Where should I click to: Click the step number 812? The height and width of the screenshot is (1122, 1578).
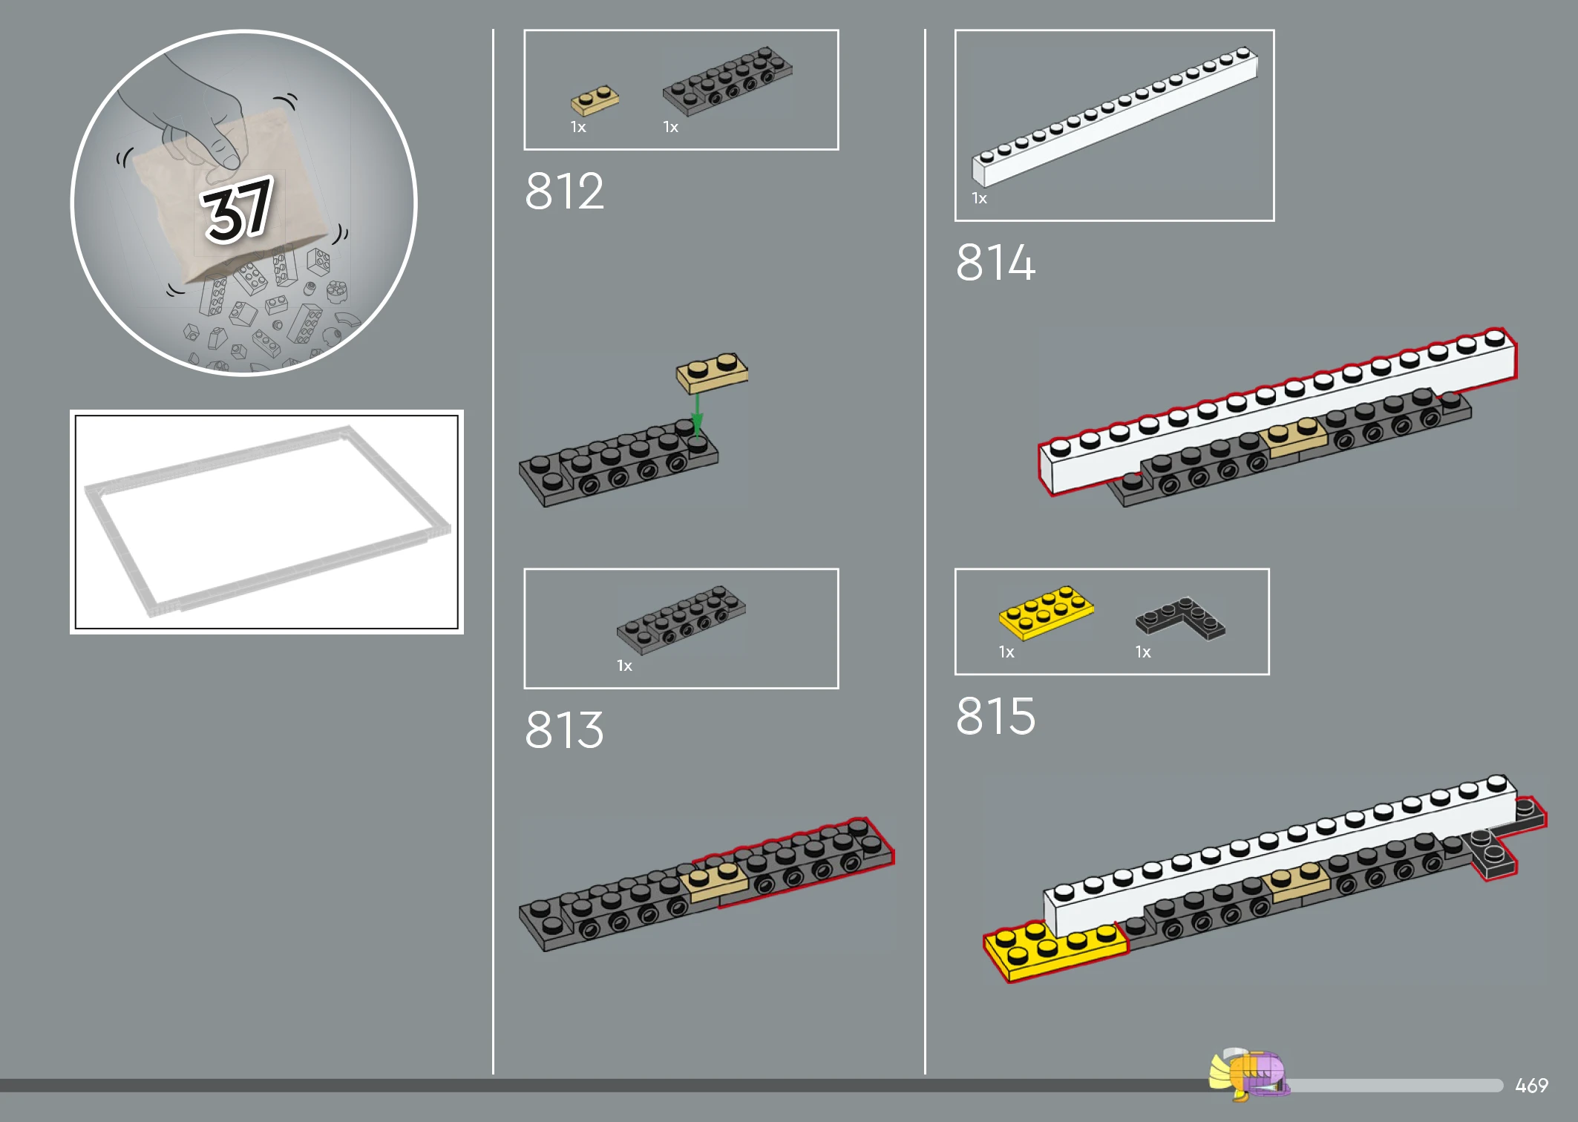pos(564,191)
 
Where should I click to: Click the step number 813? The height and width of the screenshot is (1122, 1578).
pos(564,729)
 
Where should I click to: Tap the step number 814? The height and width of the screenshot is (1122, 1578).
pos(995,262)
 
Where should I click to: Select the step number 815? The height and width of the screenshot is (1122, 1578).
pos(995,716)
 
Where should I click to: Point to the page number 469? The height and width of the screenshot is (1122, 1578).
pos(1531,1086)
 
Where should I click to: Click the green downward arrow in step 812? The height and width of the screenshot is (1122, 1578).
pos(697,414)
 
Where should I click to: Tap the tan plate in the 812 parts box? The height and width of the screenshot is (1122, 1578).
pos(595,100)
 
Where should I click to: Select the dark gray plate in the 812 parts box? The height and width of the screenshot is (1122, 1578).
pos(727,80)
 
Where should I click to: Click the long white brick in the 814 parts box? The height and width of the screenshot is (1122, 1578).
pos(1115,116)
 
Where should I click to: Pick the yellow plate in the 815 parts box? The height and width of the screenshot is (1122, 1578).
pos(1046,613)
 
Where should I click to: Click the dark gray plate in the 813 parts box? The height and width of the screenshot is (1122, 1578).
pos(681,620)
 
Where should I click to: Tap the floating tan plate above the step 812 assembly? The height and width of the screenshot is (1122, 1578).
pos(712,373)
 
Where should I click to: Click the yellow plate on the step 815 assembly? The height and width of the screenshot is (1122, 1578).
pos(1055,951)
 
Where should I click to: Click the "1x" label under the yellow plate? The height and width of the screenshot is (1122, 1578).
pos(1006,652)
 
